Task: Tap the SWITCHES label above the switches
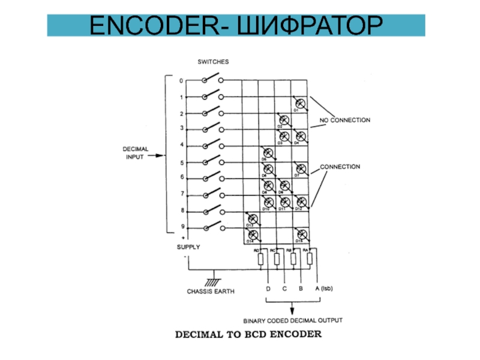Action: coord(213,61)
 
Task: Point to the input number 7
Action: coord(182,193)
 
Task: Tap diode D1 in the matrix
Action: coord(300,103)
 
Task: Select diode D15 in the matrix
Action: coord(300,233)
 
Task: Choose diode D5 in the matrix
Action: coord(268,153)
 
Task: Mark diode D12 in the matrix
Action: coord(300,202)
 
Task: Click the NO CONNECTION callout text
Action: coord(344,120)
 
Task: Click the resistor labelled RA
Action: coord(310,259)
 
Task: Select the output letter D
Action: coord(268,289)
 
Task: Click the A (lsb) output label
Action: coord(324,289)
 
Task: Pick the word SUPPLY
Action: coord(188,247)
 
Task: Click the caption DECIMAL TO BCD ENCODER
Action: coord(248,334)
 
